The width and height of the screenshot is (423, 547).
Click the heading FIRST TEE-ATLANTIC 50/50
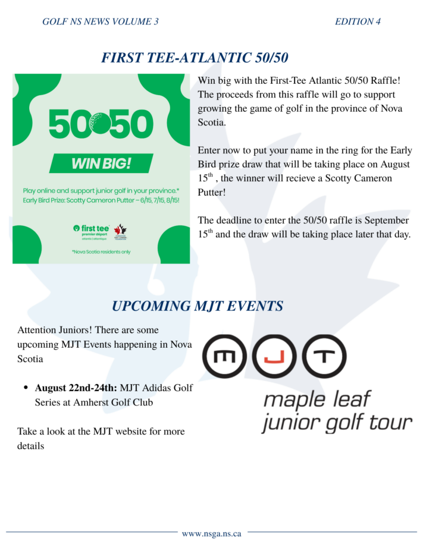coord(195,58)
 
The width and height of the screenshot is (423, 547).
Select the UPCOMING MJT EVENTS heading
coord(198,306)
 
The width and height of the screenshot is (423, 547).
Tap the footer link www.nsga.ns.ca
coord(212,533)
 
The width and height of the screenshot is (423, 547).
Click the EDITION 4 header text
coord(358,22)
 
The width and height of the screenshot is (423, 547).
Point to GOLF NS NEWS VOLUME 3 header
coord(101,22)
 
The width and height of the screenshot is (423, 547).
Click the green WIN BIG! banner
coord(101,163)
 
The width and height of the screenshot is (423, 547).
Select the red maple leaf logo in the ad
coord(120,231)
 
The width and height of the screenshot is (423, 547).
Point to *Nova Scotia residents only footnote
coord(101,252)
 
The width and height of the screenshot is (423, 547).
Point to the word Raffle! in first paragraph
coord(386,80)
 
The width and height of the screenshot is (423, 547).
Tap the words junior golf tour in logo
coord(337,423)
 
